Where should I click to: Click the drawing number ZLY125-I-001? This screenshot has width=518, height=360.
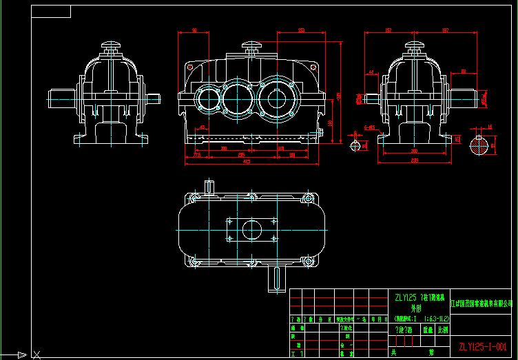tap(481, 346)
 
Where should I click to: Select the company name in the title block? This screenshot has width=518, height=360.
tap(481, 302)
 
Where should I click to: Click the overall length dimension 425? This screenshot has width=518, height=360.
tap(247, 162)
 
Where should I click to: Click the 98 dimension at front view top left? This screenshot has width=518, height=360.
tap(195, 30)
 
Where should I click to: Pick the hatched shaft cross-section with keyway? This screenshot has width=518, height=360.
tap(479, 145)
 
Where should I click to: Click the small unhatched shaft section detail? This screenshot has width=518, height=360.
tap(355, 145)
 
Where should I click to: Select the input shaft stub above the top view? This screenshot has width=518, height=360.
tap(209, 186)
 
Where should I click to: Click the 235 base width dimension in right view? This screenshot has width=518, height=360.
tap(415, 160)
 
